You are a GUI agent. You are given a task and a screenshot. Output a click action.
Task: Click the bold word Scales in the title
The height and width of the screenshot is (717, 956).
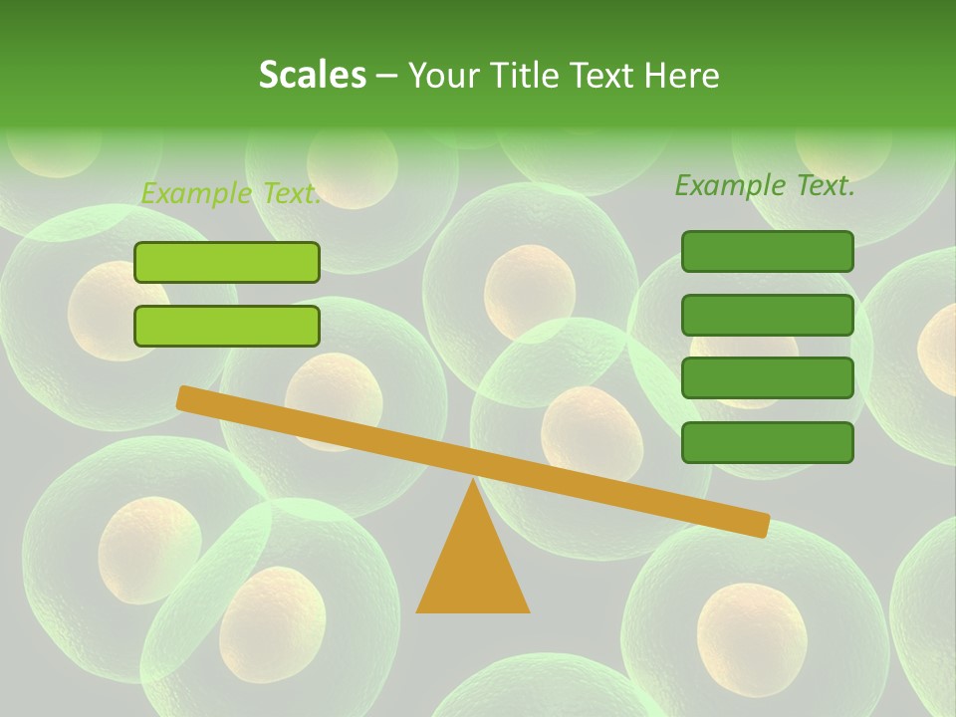[x=313, y=75]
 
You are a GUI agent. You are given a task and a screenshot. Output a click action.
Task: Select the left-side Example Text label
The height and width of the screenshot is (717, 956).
[x=230, y=193]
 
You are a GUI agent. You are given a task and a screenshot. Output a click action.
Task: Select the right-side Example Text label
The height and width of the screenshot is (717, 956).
[x=765, y=185]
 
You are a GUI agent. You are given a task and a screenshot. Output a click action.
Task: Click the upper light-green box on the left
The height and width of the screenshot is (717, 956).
[x=227, y=262]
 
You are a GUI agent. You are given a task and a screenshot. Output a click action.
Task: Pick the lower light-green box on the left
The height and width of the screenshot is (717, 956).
[x=227, y=326]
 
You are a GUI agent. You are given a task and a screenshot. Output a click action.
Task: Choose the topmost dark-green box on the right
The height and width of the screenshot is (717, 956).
[x=768, y=251]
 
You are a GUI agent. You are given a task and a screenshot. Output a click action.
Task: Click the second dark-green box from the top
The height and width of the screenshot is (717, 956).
[x=768, y=315]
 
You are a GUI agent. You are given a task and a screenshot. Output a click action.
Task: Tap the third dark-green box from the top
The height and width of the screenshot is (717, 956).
[x=768, y=377]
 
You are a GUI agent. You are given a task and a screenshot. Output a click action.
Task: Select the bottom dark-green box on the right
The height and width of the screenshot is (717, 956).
[x=768, y=442]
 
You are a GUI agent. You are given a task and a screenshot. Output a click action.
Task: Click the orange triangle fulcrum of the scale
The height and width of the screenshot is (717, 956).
[x=473, y=563]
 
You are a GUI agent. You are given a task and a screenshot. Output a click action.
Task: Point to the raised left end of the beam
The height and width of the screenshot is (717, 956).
[x=184, y=397]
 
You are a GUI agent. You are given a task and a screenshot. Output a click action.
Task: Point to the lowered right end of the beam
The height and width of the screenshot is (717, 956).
[x=762, y=525]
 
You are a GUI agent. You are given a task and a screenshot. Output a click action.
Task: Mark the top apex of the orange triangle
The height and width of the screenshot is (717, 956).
[x=473, y=482]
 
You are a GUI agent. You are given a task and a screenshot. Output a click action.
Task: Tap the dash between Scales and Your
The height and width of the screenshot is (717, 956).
[x=386, y=76]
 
